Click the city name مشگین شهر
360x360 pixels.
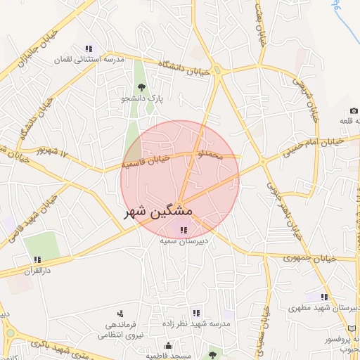tap(159, 210)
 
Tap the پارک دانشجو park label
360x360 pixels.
tap(141, 99)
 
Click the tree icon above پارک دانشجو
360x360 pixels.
tap(141, 88)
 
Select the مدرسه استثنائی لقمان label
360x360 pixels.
tap(89, 60)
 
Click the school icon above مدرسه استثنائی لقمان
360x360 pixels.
tap(89, 49)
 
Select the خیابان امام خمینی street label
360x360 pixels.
tap(314, 146)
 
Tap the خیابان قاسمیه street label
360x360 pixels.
tap(146, 163)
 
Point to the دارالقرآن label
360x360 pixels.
tap(39, 271)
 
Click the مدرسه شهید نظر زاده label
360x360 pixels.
tap(195, 323)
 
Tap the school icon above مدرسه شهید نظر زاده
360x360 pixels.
tap(195, 312)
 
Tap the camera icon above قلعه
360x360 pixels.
tap(353, 111)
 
